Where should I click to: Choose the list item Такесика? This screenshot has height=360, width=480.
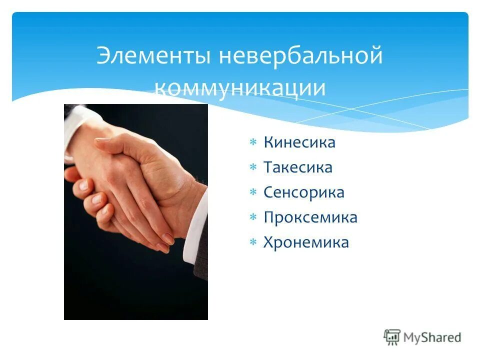point(297,167)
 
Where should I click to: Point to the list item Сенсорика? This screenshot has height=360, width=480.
point(303,192)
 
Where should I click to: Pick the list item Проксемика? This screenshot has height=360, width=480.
point(310,217)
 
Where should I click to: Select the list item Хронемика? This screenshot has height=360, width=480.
point(306,242)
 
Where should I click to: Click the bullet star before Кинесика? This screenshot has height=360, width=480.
point(253,143)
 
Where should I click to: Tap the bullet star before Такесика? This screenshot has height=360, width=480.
point(253,168)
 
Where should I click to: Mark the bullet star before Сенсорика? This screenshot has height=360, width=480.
point(253,193)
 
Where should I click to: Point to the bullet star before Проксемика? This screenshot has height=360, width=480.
point(253,218)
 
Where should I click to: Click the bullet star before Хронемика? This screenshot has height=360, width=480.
point(253,243)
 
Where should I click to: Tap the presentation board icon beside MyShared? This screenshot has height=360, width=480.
point(392,337)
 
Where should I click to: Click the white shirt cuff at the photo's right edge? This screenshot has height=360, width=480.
point(196,225)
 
